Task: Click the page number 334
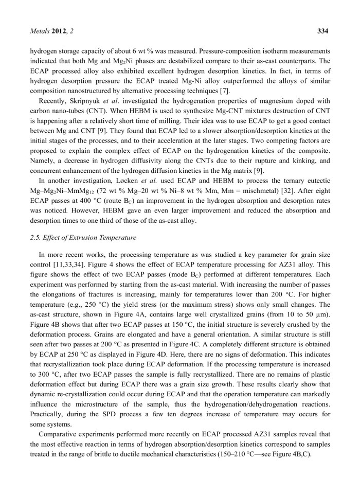(x=322, y=31)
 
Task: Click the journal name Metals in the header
(x=41, y=31)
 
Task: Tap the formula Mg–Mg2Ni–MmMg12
(x=57, y=190)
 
